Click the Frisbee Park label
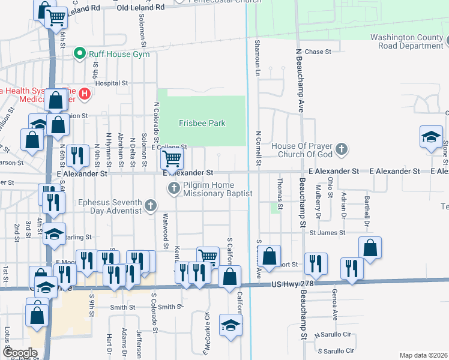pos(202,124)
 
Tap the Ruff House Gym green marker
pos(79,54)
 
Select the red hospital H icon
pos(85,94)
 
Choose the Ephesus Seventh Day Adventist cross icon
pos(150,207)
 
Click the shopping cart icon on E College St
pos(172,159)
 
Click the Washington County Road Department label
pos(406,41)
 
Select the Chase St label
pos(318,52)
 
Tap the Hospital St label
pos(112,83)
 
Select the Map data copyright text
pos(424,355)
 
